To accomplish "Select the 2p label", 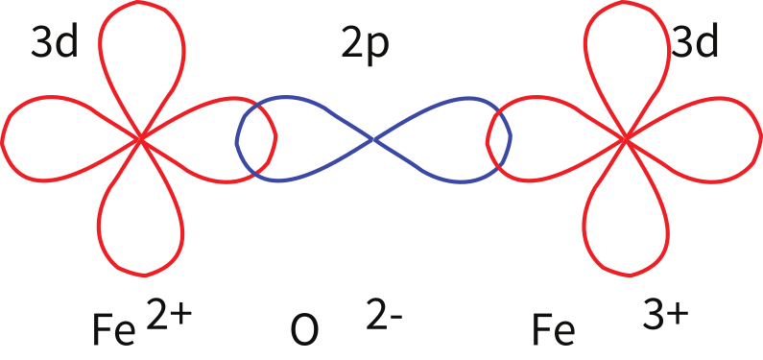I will coord(366,45).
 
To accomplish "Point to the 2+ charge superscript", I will coord(170,313).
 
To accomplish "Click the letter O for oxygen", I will coord(303,330).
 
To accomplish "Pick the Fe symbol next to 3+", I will coord(553,329).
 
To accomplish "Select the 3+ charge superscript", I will coord(665,313).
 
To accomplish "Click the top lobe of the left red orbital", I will coord(141,58).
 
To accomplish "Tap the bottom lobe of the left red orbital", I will coord(141,226).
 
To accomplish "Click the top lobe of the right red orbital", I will coord(626,58).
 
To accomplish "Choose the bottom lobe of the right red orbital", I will coord(626,226).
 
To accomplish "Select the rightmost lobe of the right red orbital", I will coord(710,141).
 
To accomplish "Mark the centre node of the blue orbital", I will coord(373,140).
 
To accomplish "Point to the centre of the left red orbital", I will coord(141,140).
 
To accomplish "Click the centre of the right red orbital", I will coord(626,140).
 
